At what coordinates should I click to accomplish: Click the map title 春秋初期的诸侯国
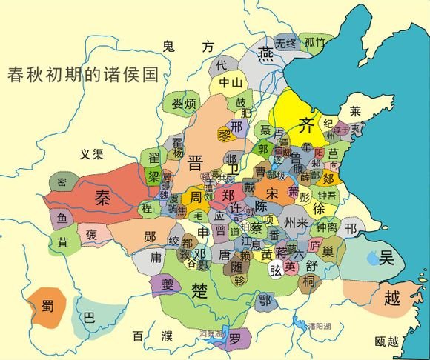point(84,76)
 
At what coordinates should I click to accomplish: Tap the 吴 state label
point(387,258)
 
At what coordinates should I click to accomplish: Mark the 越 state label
point(393,298)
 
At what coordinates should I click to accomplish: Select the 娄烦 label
point(182,103)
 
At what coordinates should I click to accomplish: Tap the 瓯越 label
point(386,341)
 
